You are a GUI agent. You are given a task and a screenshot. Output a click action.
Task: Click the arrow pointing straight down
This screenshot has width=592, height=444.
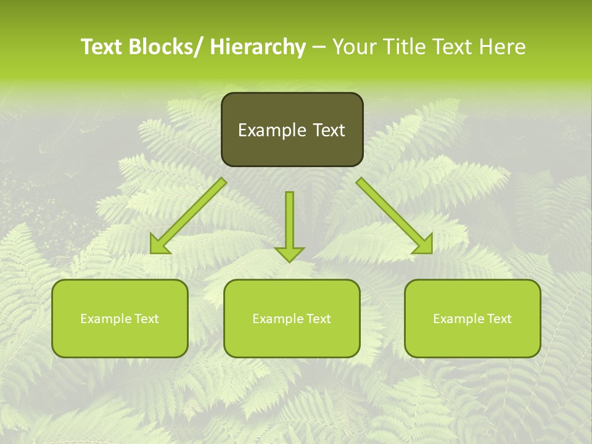[x=289, y=222]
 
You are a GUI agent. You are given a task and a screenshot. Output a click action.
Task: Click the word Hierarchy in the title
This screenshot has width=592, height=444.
[x=257, y=47]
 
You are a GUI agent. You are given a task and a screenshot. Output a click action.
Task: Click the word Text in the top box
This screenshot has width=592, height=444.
[x=329, y=130]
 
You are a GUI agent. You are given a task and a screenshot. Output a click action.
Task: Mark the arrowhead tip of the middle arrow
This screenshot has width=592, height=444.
[x=289, y=261]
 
